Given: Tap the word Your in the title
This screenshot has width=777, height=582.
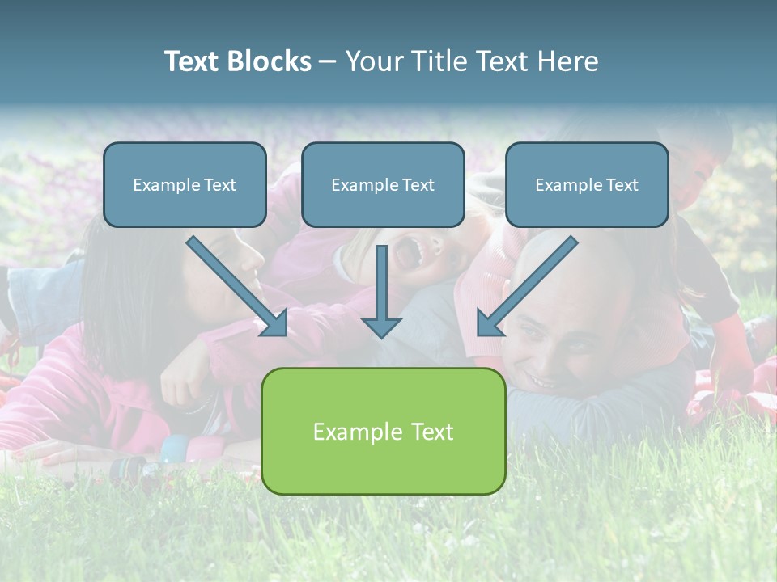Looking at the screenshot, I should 375,61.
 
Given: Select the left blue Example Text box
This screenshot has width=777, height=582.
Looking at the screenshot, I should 185,185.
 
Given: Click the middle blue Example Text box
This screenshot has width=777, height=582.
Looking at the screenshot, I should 383,185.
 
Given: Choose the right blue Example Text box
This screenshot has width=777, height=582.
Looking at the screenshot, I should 587,185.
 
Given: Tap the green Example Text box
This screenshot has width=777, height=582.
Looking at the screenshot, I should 383,432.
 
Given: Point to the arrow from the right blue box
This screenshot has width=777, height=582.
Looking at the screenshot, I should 528,285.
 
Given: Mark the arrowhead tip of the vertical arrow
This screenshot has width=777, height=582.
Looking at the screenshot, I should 381,335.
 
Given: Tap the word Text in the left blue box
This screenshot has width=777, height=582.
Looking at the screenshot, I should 220,185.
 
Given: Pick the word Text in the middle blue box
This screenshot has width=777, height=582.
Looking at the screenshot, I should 418,185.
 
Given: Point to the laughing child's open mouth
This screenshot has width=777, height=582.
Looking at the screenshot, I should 402,253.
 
